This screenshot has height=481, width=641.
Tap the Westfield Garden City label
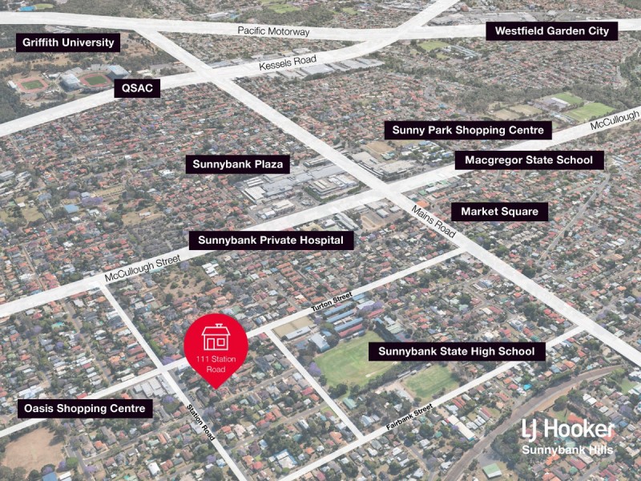(552, 31)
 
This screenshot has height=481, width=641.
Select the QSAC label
(137, 88)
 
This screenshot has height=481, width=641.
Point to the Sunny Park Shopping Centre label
(468, 130)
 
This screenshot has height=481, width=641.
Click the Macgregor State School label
(529, 160)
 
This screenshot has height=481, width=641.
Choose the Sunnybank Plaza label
(238, 165)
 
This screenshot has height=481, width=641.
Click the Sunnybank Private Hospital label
(270, 240)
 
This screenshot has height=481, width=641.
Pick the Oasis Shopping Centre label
(85, 409)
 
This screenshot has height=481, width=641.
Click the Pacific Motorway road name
(273, 31)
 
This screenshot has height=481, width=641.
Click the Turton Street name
(332, 303)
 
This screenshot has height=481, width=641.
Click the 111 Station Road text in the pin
(216, 363)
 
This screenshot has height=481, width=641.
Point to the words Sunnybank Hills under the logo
(567, 450)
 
